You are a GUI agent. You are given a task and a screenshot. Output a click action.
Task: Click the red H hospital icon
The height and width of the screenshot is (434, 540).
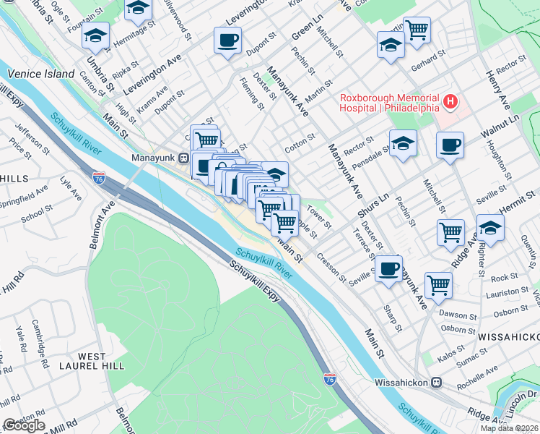click(x=450, y=101)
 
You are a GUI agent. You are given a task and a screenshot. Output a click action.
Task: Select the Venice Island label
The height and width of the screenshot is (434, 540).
click(x=41, y=74)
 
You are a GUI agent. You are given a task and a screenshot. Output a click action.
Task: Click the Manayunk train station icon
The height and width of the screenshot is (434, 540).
click(x=184, y=157)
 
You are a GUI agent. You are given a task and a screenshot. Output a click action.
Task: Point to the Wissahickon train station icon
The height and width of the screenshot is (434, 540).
click(x=435, y=382)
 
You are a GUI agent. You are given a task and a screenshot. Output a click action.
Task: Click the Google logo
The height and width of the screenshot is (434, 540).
click(x=24, y=425)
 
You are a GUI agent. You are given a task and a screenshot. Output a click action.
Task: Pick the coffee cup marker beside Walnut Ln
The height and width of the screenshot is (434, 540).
click(x=450, y=145)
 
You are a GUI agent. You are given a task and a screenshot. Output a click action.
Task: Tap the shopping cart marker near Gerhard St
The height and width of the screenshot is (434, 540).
click(x=417, y=30)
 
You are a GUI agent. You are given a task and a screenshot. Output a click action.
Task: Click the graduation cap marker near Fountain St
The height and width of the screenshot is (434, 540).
click(x=95, y=34)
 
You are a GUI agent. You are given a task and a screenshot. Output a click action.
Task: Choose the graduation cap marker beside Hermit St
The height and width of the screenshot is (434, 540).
click(x=490, y=226)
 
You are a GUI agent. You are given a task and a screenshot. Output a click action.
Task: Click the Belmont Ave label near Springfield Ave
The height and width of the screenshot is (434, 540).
click(x=100, y=225)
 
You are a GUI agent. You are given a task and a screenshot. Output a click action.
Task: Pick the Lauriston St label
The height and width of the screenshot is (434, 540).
click(x=504, y=293)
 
